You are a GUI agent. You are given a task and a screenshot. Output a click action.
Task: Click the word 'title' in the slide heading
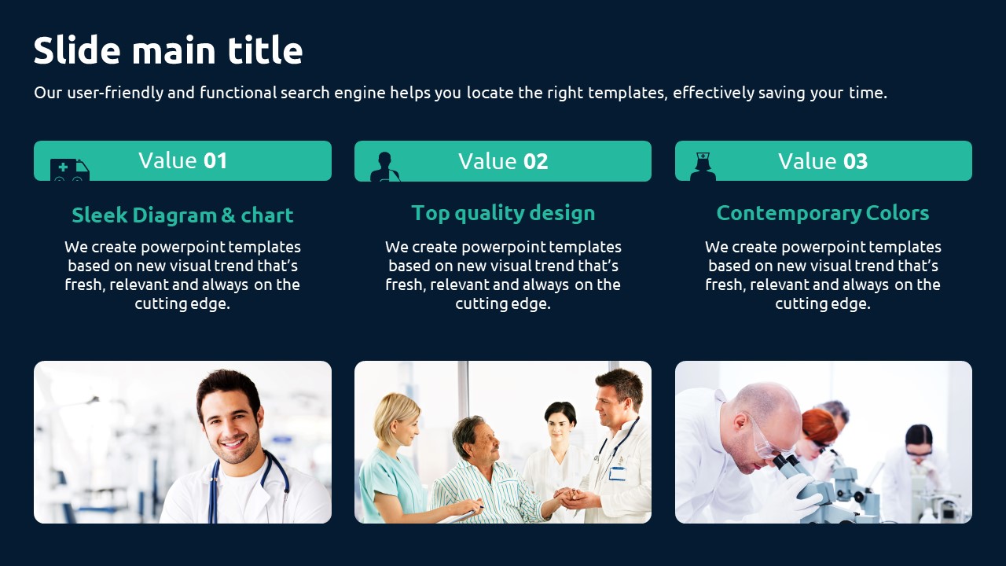[265, 50]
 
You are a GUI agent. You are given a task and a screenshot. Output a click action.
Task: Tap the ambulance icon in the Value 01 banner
[70, 170]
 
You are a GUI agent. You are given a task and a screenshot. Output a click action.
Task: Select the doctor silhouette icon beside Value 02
[385, 167]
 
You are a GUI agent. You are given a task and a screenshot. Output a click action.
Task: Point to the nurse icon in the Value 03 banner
[703, 167]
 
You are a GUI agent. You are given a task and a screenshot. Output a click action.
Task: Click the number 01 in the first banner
[215, 161]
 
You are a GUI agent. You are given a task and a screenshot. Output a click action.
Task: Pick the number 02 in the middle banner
[536, 161]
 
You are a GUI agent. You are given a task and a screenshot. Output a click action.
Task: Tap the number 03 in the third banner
[856, 161]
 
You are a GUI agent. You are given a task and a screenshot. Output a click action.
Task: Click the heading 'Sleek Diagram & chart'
[182, 215]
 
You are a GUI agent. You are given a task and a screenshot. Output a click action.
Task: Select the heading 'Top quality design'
[503, 213]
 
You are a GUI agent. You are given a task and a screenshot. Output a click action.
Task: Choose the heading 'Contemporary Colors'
[823, 213]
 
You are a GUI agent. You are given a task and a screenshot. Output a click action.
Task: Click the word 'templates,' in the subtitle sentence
[628, 93]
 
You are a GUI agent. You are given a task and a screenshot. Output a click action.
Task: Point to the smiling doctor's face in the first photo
[230, 422]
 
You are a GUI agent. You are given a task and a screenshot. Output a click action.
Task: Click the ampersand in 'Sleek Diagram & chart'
[228, 215]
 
